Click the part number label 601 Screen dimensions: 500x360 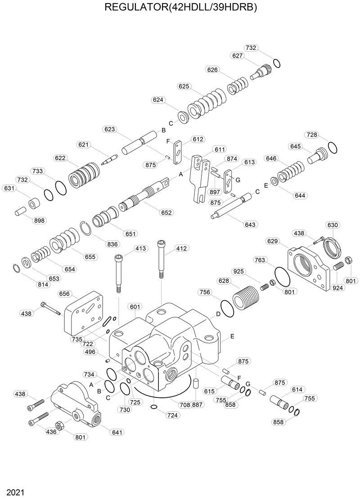135,306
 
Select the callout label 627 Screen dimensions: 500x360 238,56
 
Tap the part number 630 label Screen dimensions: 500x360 333,225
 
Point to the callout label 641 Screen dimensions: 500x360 117,432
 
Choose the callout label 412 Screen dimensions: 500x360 181,248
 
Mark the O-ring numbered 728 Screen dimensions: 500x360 333,148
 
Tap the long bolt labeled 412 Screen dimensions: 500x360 161,261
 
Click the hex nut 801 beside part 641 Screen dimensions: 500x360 58,425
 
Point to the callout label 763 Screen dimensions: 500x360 261,260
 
